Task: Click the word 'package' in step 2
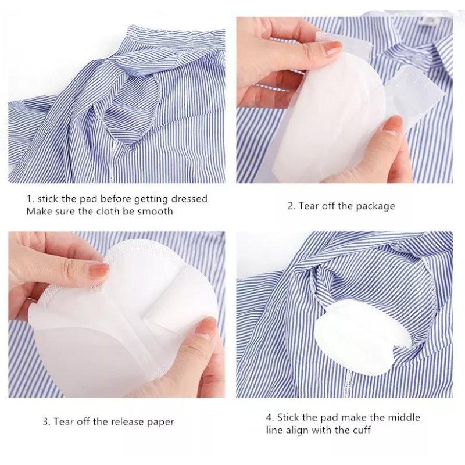click(375, 206)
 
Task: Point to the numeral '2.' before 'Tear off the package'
click(292, 206)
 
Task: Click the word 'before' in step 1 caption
click(110, 199)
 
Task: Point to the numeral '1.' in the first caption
click(30, 199)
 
